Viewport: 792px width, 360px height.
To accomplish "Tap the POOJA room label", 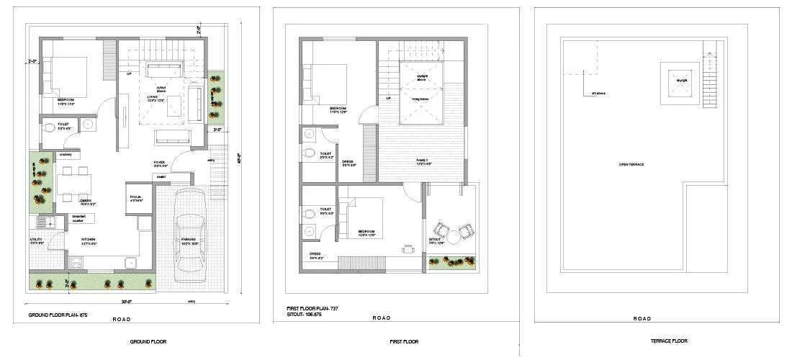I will tap(135, 196).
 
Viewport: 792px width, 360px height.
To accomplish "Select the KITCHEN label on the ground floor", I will tap(89, 239).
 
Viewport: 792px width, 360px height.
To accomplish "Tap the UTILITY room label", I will tap(37, 239).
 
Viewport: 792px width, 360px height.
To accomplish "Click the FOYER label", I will tap(160, 163).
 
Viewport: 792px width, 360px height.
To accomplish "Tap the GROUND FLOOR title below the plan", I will tap(151, 341).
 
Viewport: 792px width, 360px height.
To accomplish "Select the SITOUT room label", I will tap(436, 241).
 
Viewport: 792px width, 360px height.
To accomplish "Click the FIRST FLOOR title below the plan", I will tap(402, 341).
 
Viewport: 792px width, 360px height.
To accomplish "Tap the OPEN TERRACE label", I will tap(631, 165).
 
